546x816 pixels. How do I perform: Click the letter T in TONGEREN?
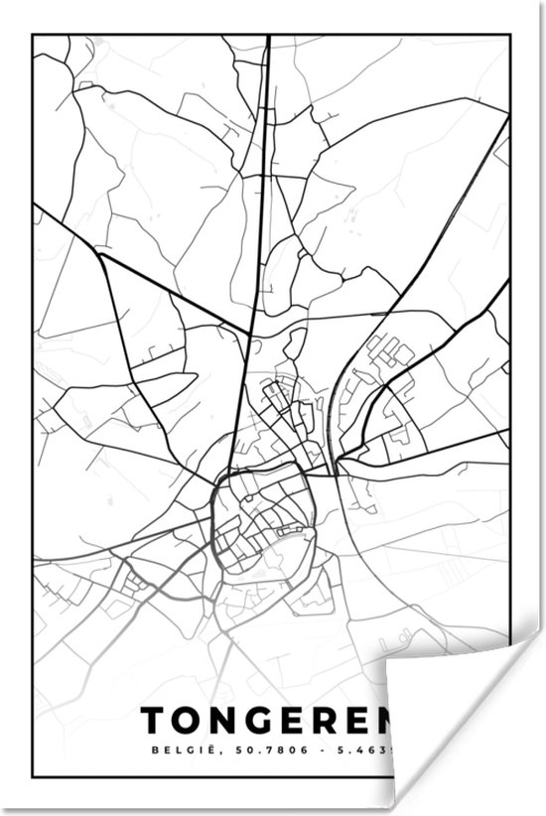pos(154,721)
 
